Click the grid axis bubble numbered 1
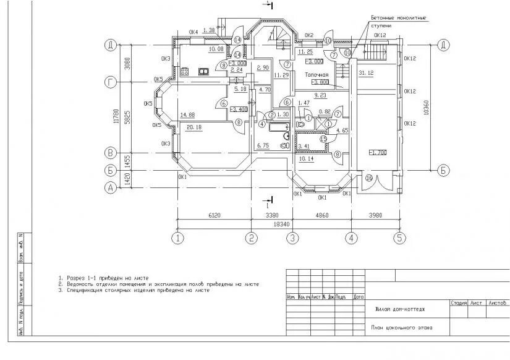point(178,238)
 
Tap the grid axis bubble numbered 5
point(399,238)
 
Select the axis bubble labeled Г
point(111,82)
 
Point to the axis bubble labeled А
point(111,189)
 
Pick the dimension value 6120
point(214,215)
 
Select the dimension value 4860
point(321,215)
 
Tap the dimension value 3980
point(375,215)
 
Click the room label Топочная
point(317,74)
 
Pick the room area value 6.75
point(262,145)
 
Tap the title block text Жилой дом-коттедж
point(400,309)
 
